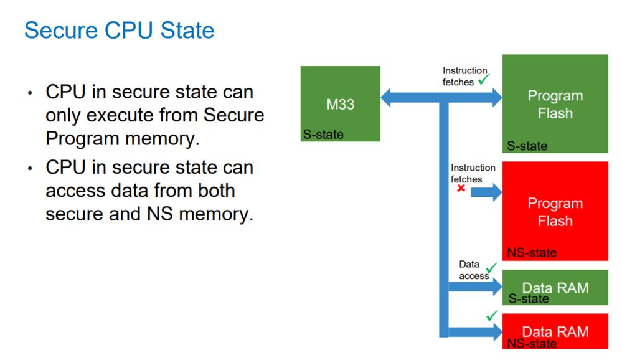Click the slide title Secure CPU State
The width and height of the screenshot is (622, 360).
[119, 31]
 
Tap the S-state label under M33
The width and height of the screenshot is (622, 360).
[323, 134]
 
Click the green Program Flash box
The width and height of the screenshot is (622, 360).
[555, 100]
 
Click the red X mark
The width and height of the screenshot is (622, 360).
[461, 188]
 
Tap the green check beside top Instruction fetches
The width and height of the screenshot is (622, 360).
[484, 79]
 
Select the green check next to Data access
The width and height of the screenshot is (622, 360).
[491, 268]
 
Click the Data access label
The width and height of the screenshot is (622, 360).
[473, 270]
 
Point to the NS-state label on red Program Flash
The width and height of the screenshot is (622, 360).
[532, 253]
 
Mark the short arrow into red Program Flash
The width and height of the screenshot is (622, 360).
[486, 192]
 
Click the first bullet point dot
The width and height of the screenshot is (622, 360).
[30, 93]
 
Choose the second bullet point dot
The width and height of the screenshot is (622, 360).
[30, 169]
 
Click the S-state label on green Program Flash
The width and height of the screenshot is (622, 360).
[527, 146]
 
